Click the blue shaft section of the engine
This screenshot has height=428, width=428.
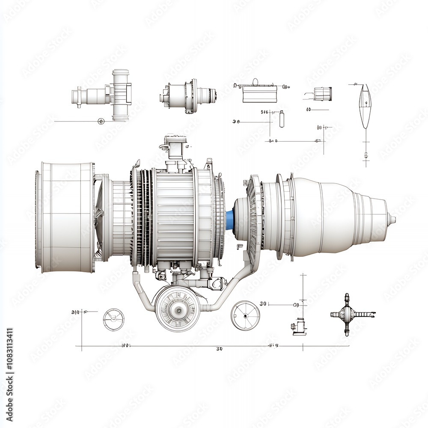click(230, 219)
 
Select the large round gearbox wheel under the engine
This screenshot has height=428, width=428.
click(177, 308)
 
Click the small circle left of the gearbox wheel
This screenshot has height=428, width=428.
click(114, 319)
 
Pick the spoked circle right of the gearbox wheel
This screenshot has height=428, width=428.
click(245, 315)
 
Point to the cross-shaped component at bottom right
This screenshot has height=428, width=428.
click(348, 315)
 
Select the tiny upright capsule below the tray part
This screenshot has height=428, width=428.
click(282, 119)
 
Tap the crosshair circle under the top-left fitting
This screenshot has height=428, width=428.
click(101, 121)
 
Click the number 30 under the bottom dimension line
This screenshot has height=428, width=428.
click(219, 349)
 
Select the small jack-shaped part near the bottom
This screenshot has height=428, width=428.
click(299, 326)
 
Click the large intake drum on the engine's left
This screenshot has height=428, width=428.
click(66, 217)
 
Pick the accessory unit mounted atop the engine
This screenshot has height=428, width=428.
click(175, 150)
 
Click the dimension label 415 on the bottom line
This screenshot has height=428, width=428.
click(273, 345)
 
